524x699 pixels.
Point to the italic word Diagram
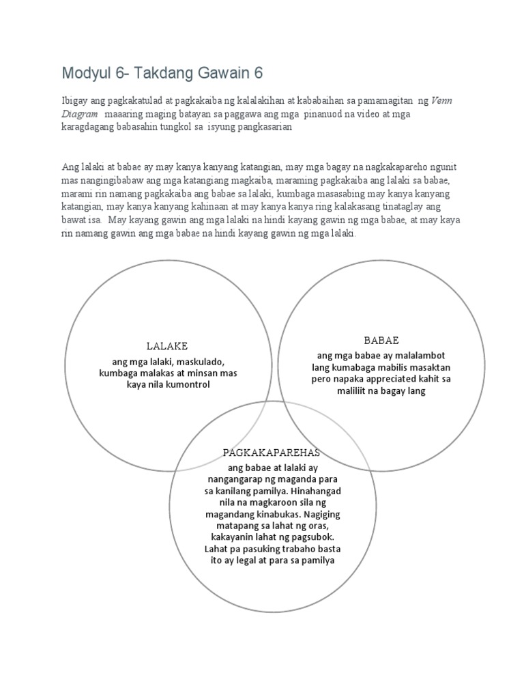[x=80, y=115]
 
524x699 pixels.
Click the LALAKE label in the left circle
[x=167, y=346]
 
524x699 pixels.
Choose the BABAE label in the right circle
[x=381, y=339]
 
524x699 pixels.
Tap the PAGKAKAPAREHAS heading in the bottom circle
[x=272, y=453]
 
